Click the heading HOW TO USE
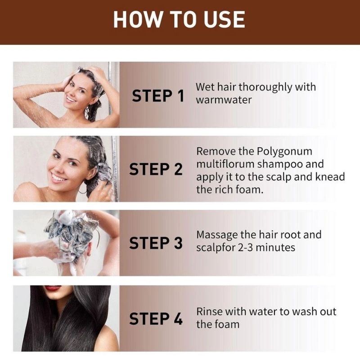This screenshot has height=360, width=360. point(179,20)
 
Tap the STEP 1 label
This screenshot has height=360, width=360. point(158,96)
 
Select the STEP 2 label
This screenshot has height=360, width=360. point(156,169)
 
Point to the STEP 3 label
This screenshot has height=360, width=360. point(156,243)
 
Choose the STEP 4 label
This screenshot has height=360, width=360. point(156,319)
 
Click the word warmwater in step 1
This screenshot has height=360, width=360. point(224,100)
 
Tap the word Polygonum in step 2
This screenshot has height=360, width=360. point(284,152)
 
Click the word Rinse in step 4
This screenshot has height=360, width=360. point(210,312)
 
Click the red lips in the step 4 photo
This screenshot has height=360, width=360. point(53,288)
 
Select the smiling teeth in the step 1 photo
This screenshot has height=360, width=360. point(71,99)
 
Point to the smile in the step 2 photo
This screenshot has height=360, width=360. point(58,178)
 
